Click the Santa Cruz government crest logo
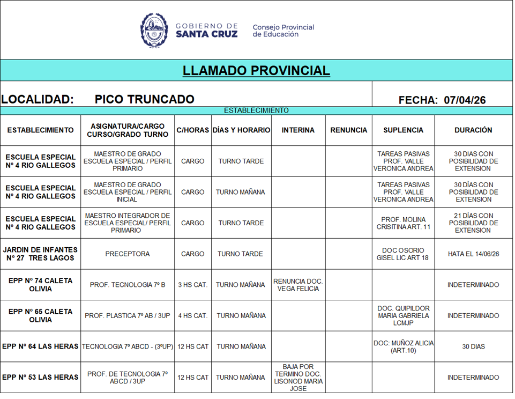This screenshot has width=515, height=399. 154,30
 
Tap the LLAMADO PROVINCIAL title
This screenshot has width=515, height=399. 256,71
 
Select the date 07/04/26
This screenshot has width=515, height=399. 465,100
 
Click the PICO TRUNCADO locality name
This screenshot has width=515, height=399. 144,99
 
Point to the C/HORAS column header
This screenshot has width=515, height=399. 192,130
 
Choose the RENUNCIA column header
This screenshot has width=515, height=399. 348,130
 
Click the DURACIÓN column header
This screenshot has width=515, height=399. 473,130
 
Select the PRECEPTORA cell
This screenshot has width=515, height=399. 128,254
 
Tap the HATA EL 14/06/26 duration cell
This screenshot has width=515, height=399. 473,254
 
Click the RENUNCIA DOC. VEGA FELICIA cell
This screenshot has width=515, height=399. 298,285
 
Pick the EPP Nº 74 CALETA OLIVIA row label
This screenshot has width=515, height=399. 40,285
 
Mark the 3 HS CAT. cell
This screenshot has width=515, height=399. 192,285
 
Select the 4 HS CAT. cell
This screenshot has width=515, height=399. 192,316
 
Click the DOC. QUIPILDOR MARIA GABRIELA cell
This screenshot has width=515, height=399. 403,316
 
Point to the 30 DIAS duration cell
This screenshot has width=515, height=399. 473,347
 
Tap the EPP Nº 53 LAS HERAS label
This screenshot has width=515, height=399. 40,378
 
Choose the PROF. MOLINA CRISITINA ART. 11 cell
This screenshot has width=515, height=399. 403,223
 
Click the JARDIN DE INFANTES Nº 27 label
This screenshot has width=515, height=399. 40,254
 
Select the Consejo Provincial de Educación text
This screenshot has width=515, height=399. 283,31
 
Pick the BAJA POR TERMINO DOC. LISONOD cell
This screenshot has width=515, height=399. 298,378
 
